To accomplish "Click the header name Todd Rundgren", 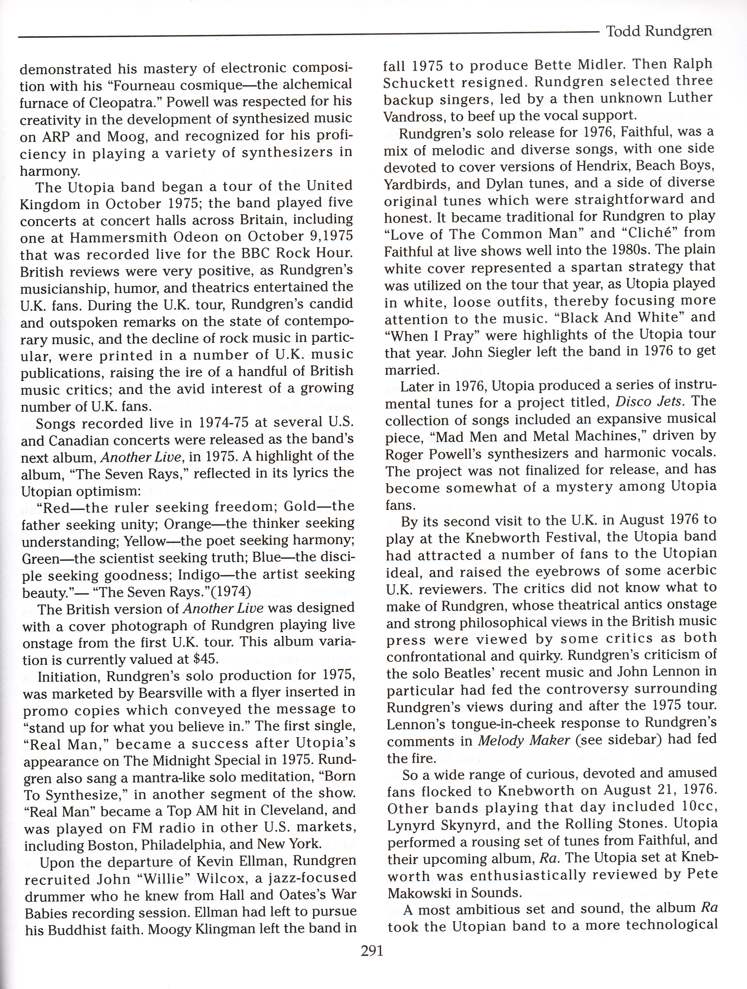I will tap(658, 32).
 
